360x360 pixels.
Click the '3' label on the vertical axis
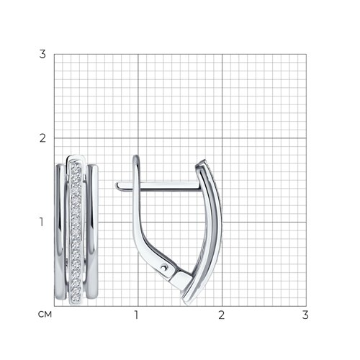coord(42,54)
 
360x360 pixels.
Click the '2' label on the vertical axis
coord(42,138)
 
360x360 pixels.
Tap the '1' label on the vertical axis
coord(42,222)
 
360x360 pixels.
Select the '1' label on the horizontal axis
coord(136,315)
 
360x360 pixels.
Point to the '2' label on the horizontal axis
coord(221,315)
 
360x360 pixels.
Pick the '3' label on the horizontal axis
coord(305,315)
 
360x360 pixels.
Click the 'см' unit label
coord(45,315)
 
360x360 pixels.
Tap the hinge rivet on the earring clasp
coord(164,267)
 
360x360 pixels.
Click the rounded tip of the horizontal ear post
coord(118,186)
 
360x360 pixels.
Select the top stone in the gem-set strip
coord(76,166)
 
